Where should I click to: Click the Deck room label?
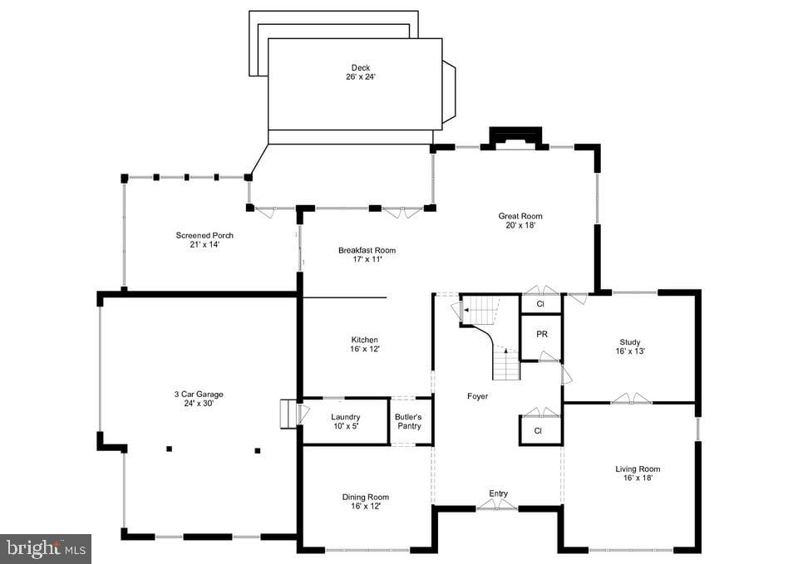click(360, 68)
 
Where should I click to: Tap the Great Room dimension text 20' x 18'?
click(520, 226)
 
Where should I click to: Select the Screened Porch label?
click(199, 235)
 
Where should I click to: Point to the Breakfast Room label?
click(367, 250)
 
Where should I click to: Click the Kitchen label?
click(364, 340)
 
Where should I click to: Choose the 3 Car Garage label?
click(198, 395)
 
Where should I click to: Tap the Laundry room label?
click(345, 417)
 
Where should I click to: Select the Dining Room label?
click(366, 498)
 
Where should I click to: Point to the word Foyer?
click(477, 396)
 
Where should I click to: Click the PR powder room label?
click(541, 334)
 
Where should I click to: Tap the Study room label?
click(630, 342)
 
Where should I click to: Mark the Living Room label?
click(638, 469)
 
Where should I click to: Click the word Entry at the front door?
click(498, 493)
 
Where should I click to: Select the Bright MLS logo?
click(46, 548)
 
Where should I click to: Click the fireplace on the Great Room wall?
click(515, 138)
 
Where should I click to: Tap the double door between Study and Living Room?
click(631, 400)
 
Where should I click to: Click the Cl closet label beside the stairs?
click(540, 304)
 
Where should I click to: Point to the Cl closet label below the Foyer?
click(538, 431)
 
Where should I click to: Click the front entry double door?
click(497, 505)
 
